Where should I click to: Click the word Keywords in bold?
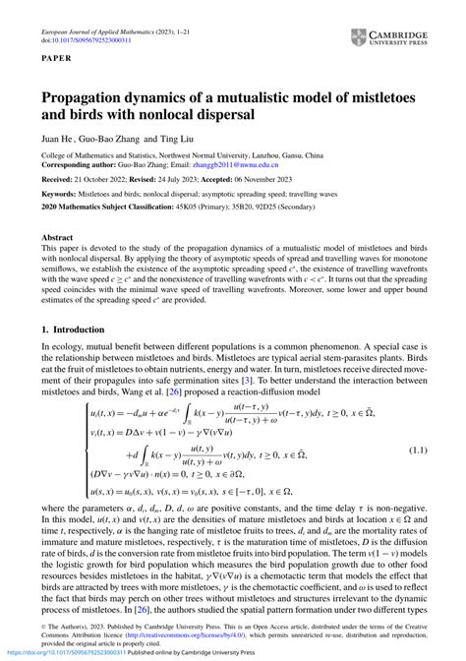(60, 194)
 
